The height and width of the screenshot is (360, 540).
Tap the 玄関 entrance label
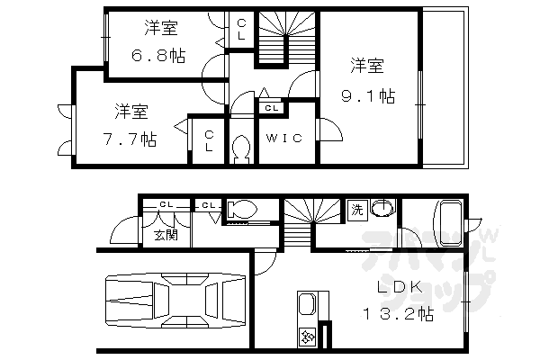coord(164,235)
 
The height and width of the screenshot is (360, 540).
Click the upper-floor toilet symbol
coord(241,149)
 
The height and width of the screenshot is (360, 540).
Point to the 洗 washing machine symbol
coord(356,210)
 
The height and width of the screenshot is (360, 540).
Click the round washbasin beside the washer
coord(382,210)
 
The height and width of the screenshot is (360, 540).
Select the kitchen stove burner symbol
coord(306,337)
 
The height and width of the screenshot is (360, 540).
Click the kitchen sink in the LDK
coord(305,306)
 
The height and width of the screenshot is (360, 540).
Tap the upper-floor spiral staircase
coord(286,40)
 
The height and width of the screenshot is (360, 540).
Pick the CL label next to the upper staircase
coord(241,31)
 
